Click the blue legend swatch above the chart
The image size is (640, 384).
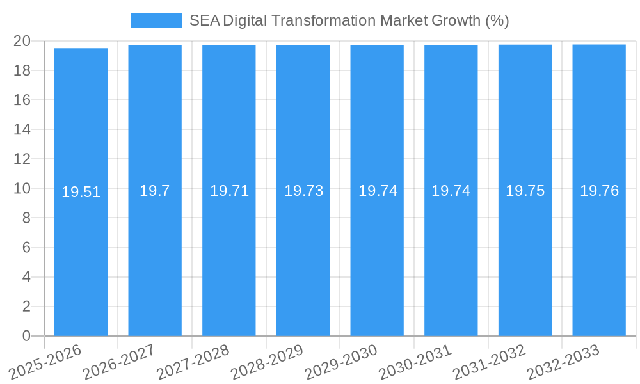(x=156, y=20)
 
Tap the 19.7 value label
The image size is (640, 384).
(x=155, y=191)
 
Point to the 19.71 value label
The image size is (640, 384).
(x=229, y=191)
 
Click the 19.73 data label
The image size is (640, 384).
(x=303, y=191)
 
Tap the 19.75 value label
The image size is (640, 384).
(x=525, y=191)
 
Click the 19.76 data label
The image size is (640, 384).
(x=599, y=191)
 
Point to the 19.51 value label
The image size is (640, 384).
(x=81, y=192)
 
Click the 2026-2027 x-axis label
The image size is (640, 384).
(x=120, y=362)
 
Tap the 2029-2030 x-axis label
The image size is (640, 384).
(x=340, y=362)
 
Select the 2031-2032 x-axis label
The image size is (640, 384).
(x=489, y=362)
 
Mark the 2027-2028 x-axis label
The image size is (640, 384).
(x=193, y=362)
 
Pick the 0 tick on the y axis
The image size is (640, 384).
(x=26, y=336)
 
